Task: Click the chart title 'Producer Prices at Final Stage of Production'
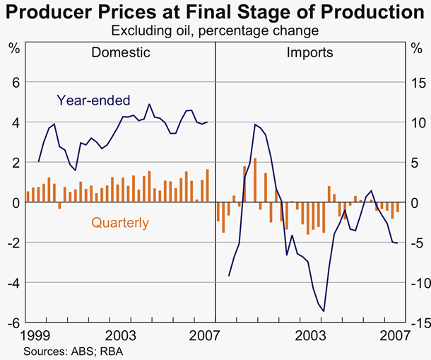tap(215, 12)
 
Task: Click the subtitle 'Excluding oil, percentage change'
tap(215, 30)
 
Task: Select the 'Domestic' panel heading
tap(121, 52)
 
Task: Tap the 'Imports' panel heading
tap(309, 52)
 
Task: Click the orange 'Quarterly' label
tap(120, 223)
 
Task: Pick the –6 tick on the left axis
tap(11, 323)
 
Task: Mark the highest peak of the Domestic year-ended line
tap(149, 105)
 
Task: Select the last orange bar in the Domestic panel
tap(207, 185)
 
